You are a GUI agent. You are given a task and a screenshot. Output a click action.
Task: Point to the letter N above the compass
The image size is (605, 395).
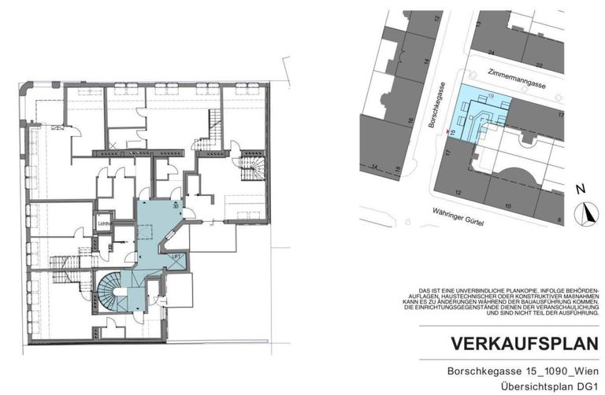pos(580,189)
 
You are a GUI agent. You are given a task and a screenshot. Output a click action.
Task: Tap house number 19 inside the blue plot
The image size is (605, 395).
pos(492,96)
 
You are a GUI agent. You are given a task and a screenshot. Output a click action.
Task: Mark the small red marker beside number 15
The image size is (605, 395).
pos(448,131)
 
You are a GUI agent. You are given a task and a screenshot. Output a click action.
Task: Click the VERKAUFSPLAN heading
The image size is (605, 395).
pos(519,344)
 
